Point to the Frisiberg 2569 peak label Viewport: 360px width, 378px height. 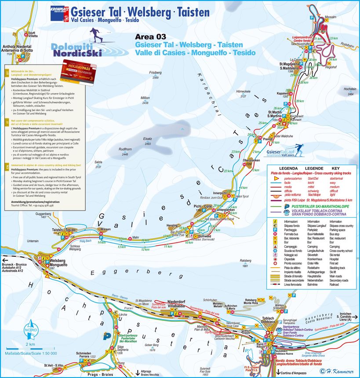click(156, 75)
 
